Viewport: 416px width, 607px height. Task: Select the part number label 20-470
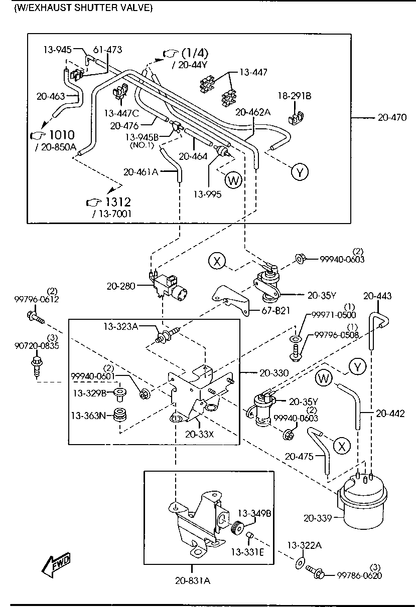coord(392,117)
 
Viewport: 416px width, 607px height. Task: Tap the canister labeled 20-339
coord(362,504)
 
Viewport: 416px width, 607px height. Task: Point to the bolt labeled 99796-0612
coord(36,318)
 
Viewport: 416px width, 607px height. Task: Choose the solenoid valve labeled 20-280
coord(168,285)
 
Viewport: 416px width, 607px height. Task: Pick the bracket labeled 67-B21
coord(231,299)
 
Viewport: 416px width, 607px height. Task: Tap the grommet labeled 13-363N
coord(119,415)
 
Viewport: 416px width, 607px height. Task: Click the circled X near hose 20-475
coord(342,446)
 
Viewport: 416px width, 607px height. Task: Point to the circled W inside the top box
coord(233,179)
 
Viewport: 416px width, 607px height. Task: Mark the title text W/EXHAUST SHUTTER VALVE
coord(83,8)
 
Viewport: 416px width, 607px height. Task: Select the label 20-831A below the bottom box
coord(192,581)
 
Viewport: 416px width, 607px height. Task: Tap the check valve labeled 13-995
coord(222,151)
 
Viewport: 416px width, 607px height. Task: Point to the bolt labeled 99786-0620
coord(315,571)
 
